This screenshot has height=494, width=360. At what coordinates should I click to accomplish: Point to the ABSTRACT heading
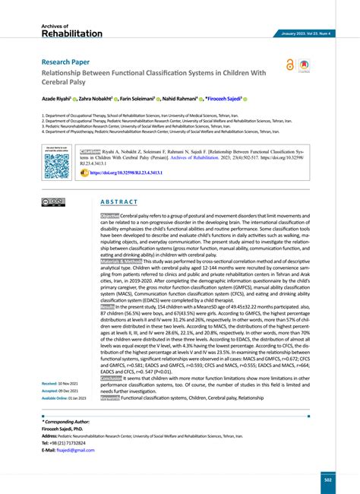click(119, 202)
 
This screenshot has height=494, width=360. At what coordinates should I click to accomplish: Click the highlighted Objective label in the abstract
click(115, 217)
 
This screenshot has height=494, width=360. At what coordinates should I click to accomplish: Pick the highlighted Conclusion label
click(116, 378)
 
